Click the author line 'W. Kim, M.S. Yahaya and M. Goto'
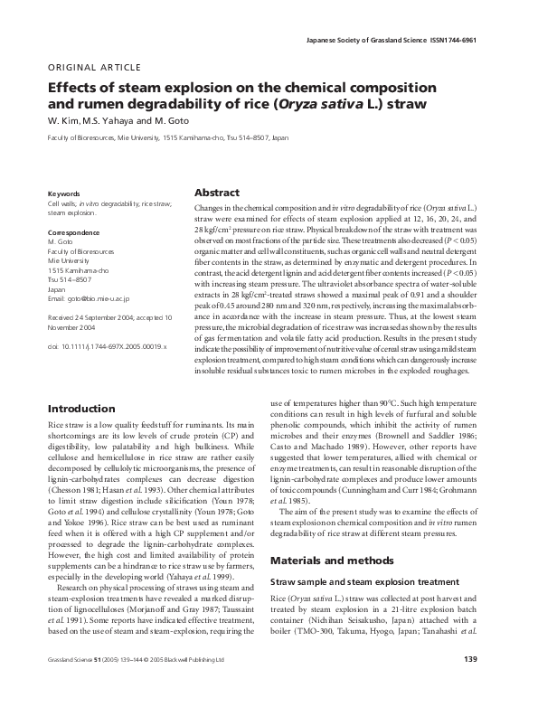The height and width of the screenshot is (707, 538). tap(108, 121)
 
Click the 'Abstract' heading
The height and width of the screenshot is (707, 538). tap(217, 193)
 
